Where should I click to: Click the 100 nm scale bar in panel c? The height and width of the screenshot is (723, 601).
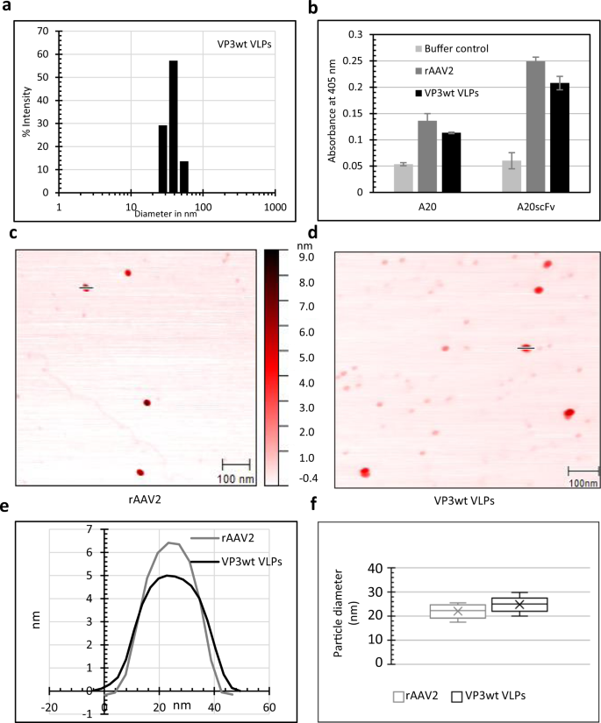point(235,464)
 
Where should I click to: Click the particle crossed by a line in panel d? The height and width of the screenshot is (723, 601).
point(526,348)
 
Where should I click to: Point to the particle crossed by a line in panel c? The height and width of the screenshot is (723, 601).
point(86,287)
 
